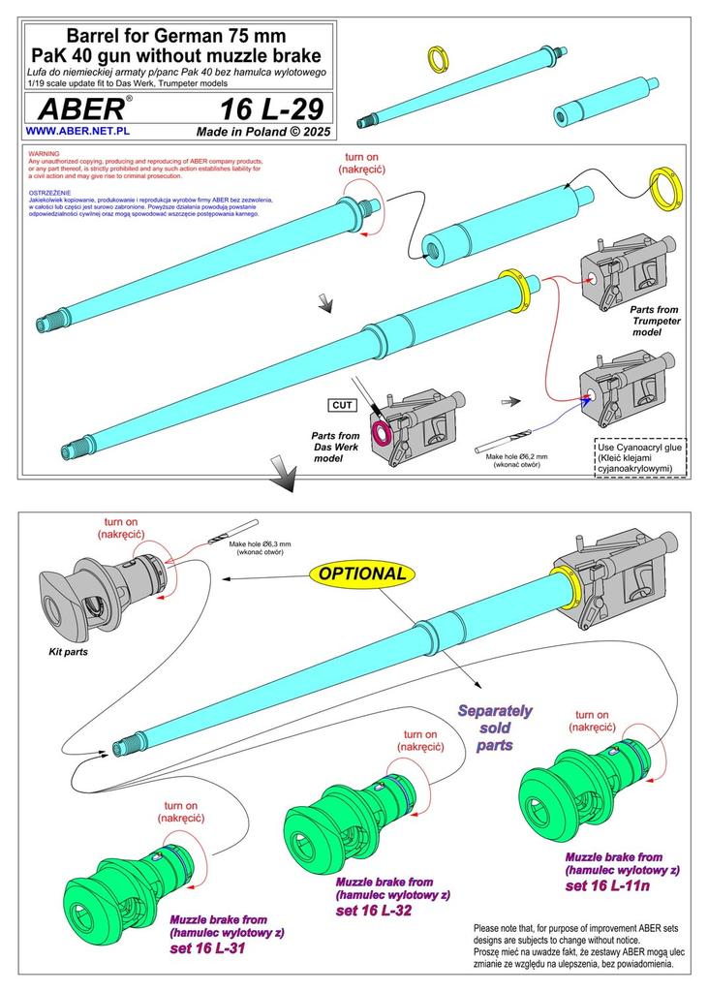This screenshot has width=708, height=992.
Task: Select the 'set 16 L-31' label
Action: coord(206,947)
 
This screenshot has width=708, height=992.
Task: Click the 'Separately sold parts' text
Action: coord(495,728)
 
